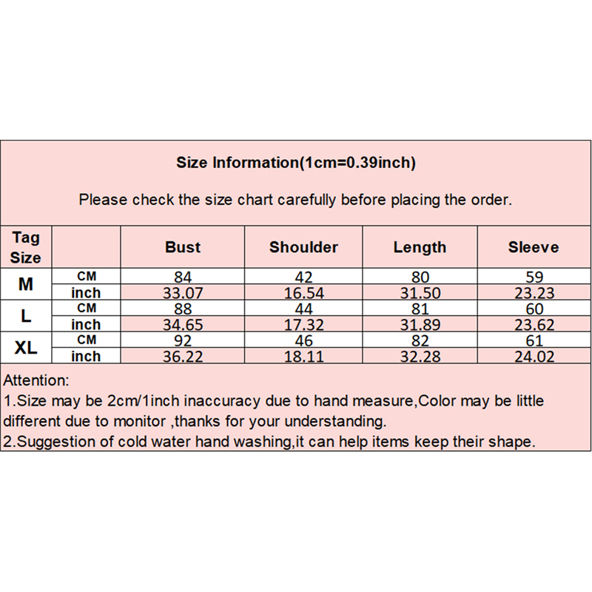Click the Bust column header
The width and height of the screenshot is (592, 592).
tap(183, 247)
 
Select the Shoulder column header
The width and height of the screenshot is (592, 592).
tap(303, 247)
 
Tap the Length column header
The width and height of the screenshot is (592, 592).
tap(420, 248)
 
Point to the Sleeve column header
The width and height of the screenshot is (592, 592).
tap(534, 247)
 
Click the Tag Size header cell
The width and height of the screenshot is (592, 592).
tap(26, 247)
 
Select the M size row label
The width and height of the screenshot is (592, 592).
tap(26, 284)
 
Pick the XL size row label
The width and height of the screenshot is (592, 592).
tap(26, 347)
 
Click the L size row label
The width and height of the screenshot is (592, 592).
tap(26, 316)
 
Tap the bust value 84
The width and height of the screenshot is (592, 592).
tap(183, 277)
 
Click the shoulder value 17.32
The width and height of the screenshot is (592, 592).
tap(303, 325)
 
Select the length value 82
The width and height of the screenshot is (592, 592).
tap(420, 340)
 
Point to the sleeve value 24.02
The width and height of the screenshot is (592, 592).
tap(534, 357)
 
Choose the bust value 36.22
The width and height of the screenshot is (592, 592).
tap(183, 357)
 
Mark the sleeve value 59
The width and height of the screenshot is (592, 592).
tap(534, 277)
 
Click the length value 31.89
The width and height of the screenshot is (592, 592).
tap(420, 325)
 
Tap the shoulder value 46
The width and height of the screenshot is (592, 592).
tap(303, 340)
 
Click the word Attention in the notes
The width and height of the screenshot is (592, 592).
tap(36, 380)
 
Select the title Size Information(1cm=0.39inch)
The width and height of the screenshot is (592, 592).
tap(296, 163)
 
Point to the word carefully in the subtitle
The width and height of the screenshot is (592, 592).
tap(306, 200)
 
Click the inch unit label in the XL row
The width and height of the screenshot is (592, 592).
tap(86, 356)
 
